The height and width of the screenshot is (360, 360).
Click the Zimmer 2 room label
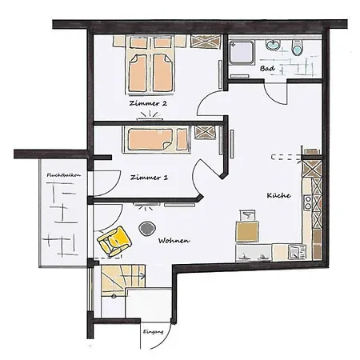click(x=148, y=103)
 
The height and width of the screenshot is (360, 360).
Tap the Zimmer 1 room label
click(x=149, y=178)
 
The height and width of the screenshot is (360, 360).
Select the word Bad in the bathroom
click(x=267, y=69)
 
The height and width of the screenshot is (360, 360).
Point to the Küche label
click(x=278, y=195)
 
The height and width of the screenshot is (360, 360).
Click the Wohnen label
click(x=174, y=241)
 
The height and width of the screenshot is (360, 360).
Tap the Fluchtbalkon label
click(x=64, y=175)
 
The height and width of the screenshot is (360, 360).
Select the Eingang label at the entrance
click(x=153, y=332)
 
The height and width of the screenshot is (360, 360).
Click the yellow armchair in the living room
click(x=114, y=242)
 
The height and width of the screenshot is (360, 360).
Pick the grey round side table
click(x=147, y=229)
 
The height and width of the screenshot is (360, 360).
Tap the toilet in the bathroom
click(x=298, y=47)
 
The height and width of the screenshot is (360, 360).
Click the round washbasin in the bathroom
click(x=273, y=45)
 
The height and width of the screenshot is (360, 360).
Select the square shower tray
click(x=242, y=52)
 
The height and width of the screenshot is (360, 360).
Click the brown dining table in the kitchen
click(x=247, y=231)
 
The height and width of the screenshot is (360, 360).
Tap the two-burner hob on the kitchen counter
click(x=308, y=202)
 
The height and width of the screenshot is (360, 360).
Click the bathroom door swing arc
click(x=274, y=94)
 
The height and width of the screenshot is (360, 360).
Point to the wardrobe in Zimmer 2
click(x=206, y=42)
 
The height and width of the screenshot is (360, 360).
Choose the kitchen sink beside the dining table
click(x=254, y=253)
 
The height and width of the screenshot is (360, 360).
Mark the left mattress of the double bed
click(x=138, y=73)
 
